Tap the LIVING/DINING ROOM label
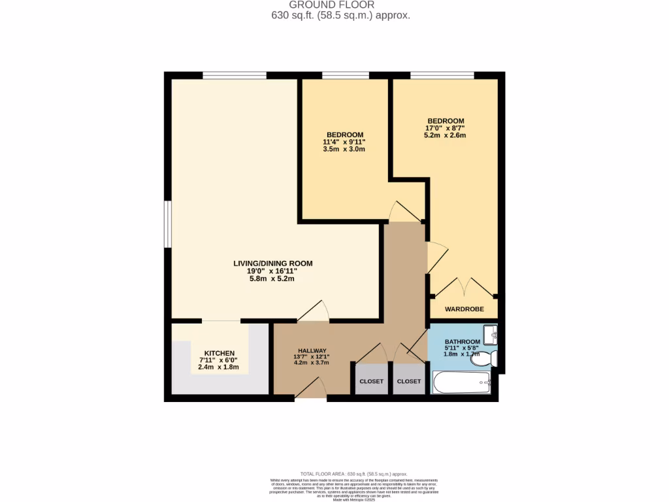273,263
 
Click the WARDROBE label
464,309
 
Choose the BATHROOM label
463,342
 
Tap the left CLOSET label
370,381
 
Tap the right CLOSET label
410,381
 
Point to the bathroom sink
491,335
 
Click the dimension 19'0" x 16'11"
273,271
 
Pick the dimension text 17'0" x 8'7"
446,128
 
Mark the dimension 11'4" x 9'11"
344,142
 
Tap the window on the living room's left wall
167,224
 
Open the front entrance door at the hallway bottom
311,390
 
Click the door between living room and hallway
314,312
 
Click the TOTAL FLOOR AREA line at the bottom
353,474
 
